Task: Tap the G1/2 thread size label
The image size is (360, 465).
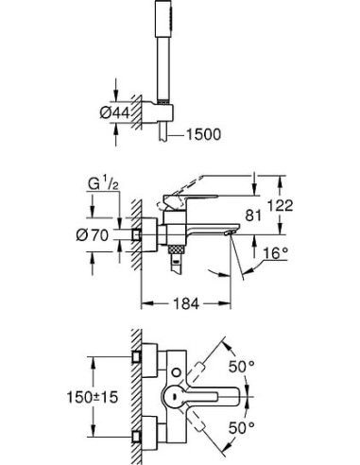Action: coord(104,180)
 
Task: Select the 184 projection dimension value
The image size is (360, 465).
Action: coord(186,304)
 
